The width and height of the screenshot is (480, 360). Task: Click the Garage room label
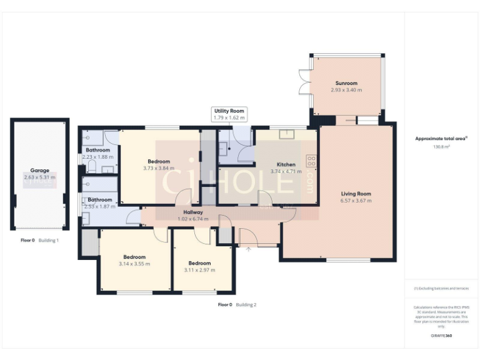coord(39,170)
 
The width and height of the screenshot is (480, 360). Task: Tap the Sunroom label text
coord(346,83)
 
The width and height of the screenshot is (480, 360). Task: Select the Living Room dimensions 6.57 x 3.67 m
coord(356,201)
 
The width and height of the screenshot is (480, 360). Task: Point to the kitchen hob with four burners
coord(311,164)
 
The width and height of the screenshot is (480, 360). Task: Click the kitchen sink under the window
coord(287,133)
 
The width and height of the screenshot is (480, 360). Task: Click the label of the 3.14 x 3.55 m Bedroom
coord(134,257)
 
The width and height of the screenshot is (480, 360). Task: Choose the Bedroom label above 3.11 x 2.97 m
coord(199,263)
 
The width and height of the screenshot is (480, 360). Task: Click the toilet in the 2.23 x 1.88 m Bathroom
coord(91,166)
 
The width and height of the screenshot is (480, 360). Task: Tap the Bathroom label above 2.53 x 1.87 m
coord(99,199)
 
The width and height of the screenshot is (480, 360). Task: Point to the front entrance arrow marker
coord(249,249)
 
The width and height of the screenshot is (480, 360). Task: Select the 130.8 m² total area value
coord(442,147)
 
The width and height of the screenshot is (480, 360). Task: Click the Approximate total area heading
coord(441,138)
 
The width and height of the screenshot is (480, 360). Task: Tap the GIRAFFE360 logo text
coord(441,336)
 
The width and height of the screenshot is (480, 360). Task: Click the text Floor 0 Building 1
coord(39,240)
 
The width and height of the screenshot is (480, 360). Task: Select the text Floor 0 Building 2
coord(237,304)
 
